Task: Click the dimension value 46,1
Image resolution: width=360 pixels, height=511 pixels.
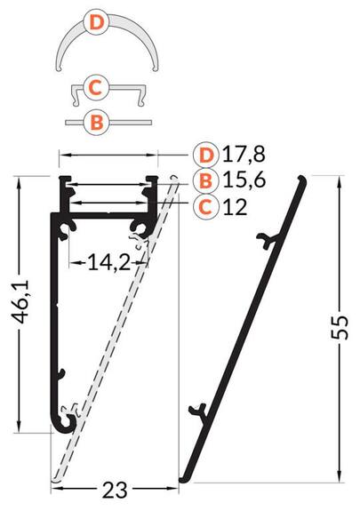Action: click(22, 302)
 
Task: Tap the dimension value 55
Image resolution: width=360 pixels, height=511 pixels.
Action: click(340, 328)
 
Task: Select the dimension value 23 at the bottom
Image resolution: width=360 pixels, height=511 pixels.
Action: click(115, 491)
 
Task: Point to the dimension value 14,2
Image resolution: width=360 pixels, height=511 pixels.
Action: click(109, 263)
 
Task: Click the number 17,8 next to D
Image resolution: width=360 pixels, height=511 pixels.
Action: click(244, 154)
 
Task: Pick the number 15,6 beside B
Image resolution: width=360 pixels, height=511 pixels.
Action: click(244, 180)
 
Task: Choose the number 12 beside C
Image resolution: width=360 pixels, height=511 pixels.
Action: click(235, 206)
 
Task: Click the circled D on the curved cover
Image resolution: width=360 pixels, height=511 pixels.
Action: click(97, 23)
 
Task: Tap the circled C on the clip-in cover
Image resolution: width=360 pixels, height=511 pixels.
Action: click(96, 88)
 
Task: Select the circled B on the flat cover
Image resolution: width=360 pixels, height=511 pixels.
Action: click(97, 123)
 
